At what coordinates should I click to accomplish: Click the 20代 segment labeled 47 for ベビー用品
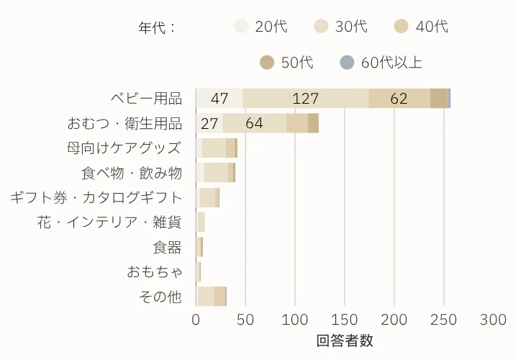219,99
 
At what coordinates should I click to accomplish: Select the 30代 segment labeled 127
306,99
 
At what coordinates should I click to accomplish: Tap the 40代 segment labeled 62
399,99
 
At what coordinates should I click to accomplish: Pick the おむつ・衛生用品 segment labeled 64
254,123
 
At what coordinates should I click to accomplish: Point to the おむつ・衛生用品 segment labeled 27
209,123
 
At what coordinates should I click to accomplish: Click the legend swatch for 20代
241,27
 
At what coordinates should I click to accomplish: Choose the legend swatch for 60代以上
347,63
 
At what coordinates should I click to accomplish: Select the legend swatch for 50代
268,63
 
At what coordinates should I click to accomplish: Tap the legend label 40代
432,27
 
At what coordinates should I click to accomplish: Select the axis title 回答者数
345,341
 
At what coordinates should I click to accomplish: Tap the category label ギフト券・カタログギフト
96,197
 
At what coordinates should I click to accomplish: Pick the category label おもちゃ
154,271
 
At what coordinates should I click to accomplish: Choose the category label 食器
167,247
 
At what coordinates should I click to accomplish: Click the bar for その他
211,296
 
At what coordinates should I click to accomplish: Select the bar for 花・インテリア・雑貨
201,222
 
